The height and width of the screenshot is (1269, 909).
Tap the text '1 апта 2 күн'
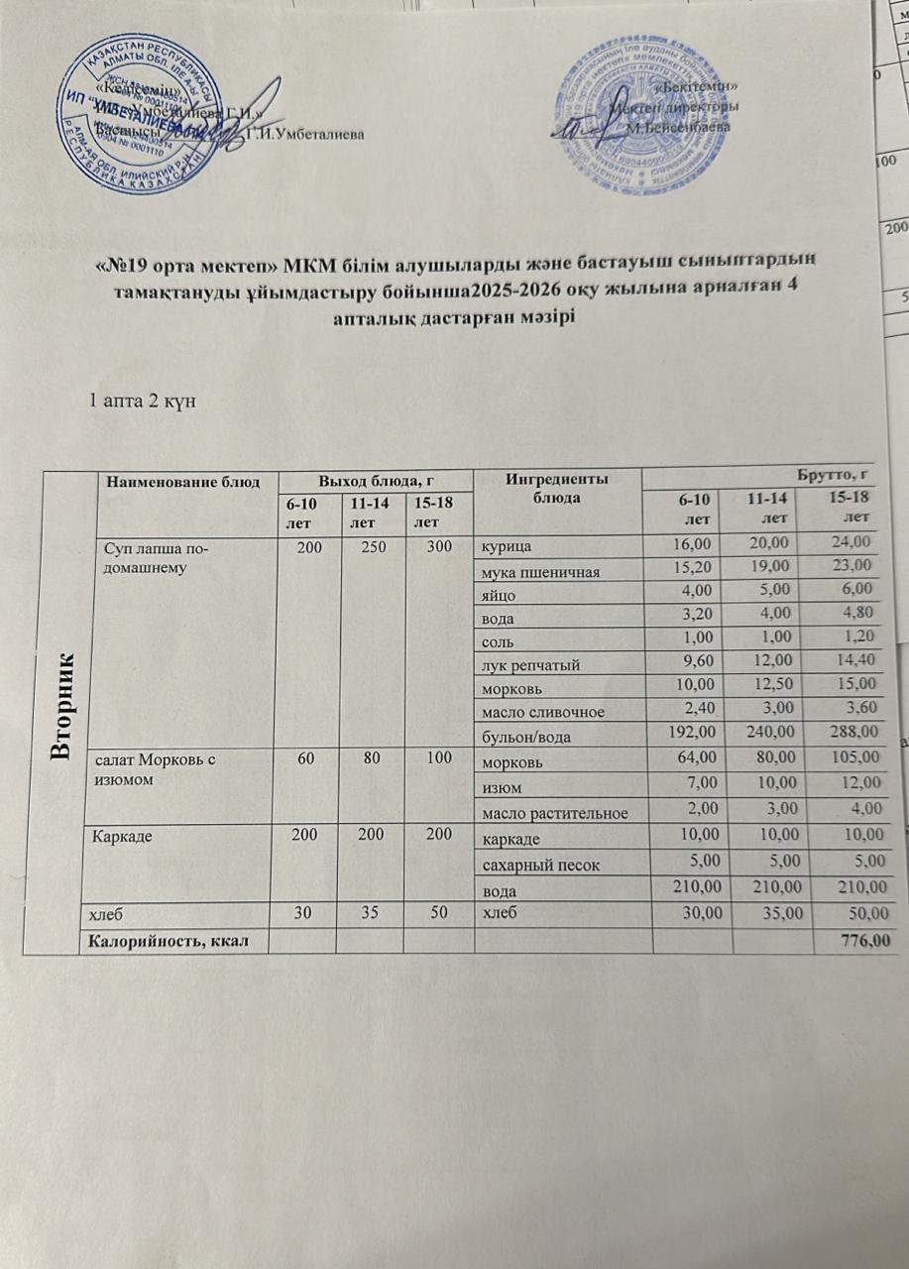[139, 402]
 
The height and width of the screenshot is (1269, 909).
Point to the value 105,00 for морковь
[853, 758]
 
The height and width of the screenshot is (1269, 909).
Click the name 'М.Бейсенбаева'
[679, 128]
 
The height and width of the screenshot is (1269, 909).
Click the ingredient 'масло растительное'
[553, 813]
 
